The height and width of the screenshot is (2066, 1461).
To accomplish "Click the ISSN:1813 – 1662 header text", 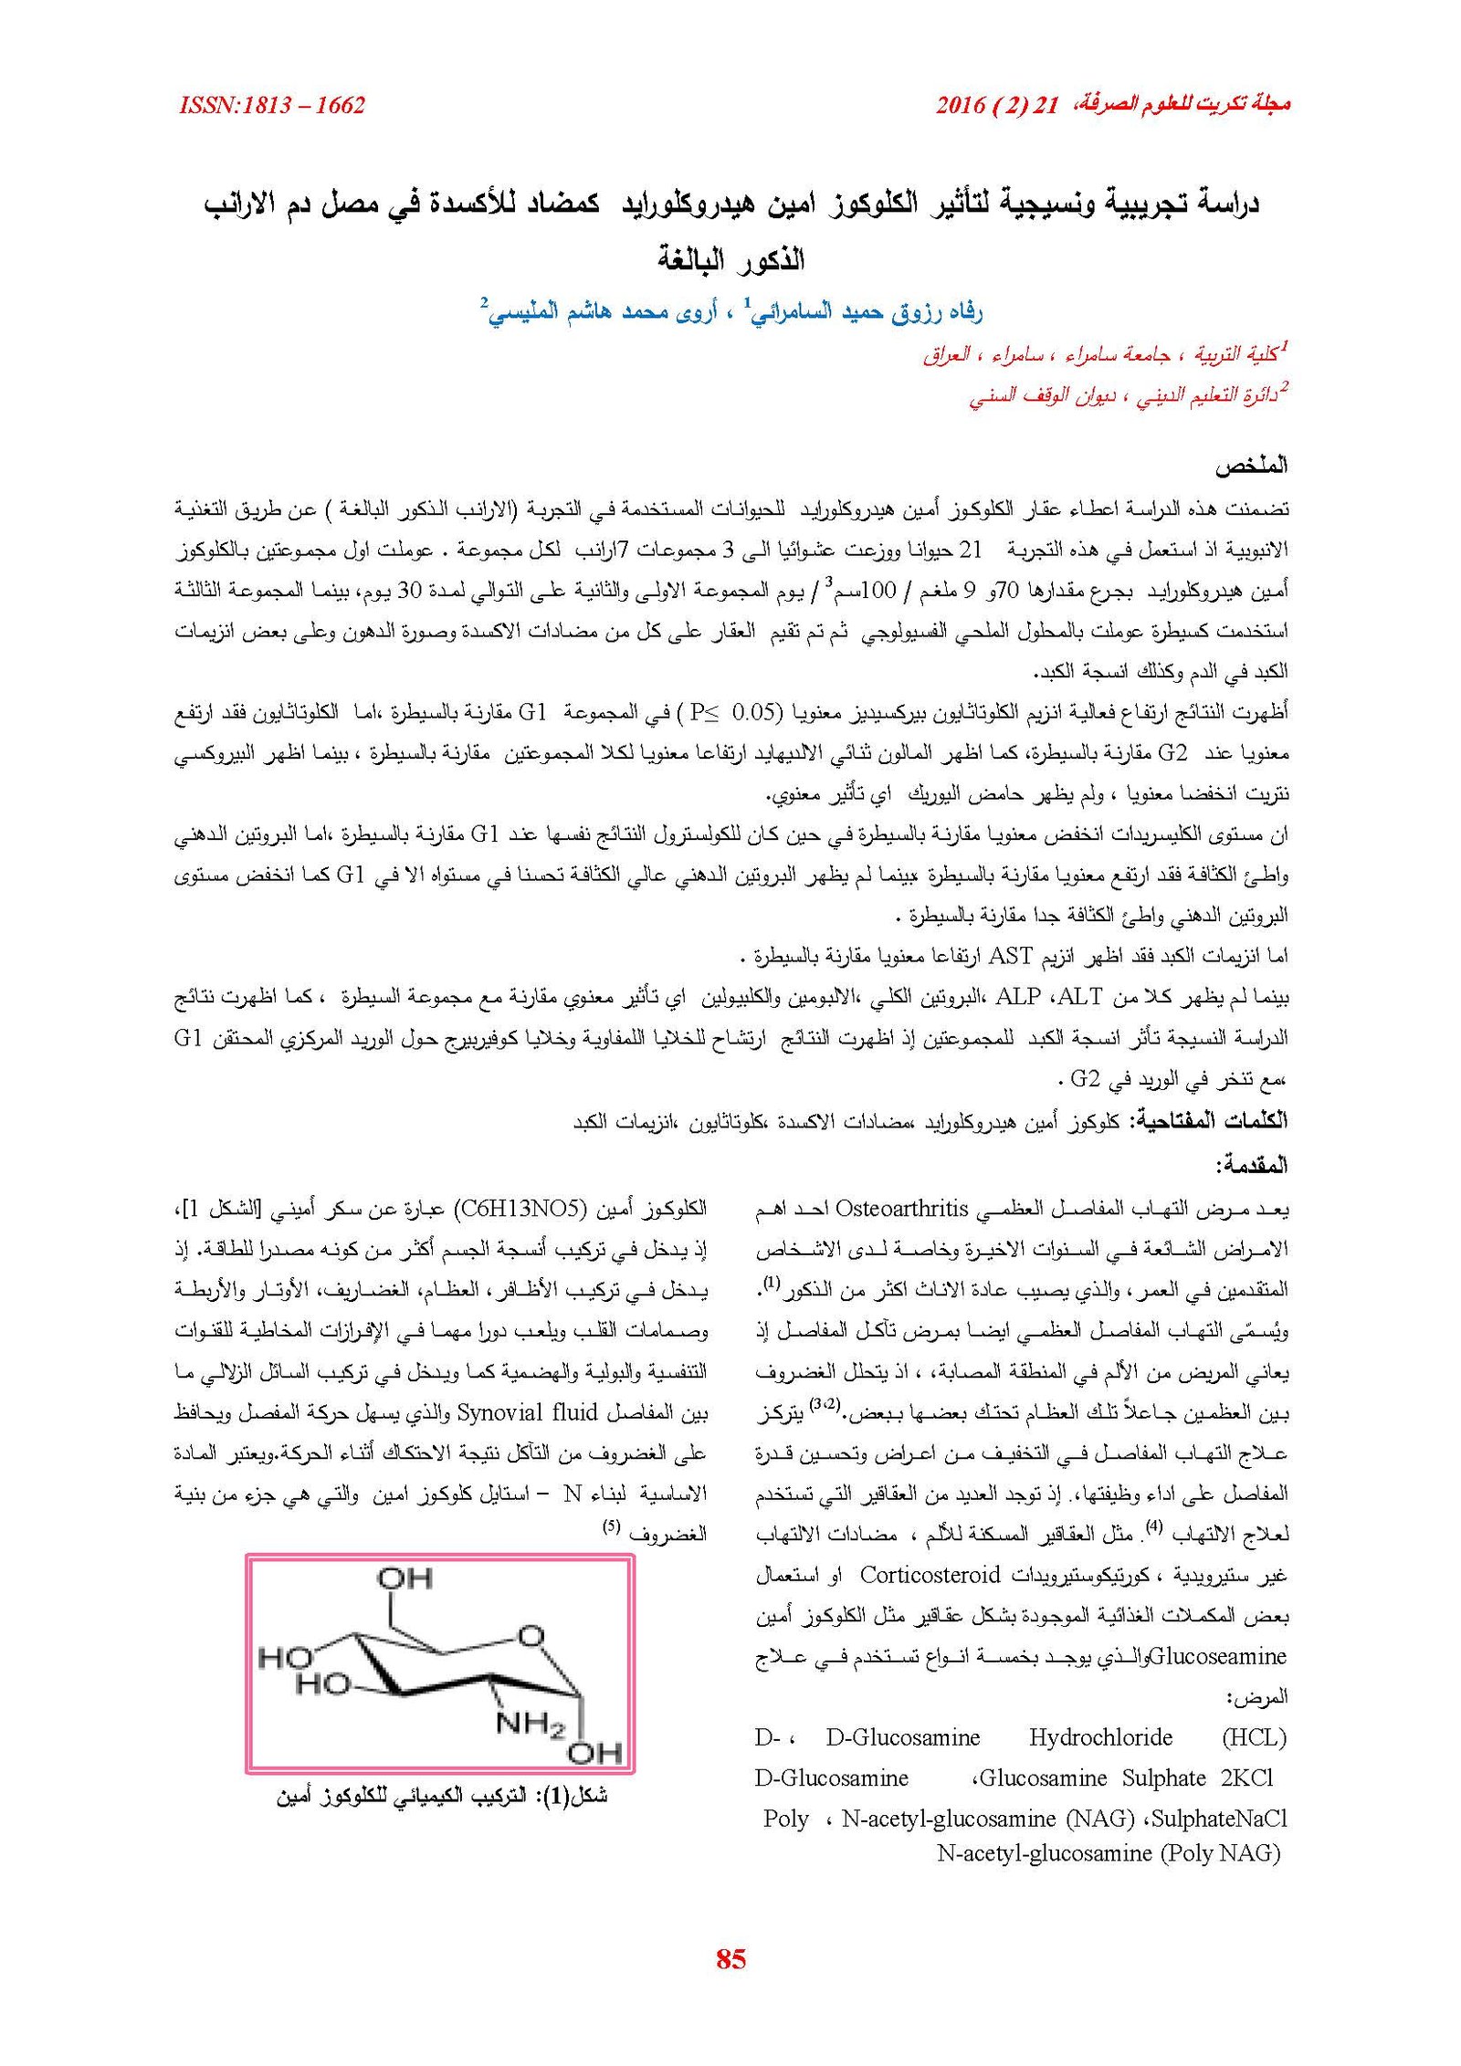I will [x=272, y=106].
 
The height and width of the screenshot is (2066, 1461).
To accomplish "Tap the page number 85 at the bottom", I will [x=731, y=1957].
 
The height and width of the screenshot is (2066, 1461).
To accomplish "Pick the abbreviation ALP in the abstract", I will [x=1018, y=996].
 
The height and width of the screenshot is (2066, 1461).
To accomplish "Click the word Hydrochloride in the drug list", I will [x=1100, y=1737].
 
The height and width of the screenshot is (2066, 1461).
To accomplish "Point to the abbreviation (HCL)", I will [x=1253, y=1737].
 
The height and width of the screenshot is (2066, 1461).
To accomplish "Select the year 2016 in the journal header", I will [x=960, y=106].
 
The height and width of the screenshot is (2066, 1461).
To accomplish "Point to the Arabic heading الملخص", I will [x=1250, y=467].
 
